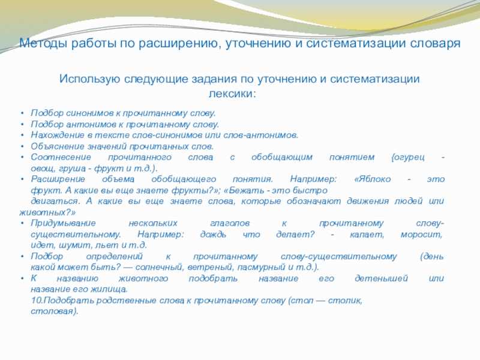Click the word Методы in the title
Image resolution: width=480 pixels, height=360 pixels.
pos(43,43)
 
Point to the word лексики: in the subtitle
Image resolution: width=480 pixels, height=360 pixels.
pos(232,94)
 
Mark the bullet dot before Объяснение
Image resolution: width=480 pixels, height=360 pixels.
pos(22,146)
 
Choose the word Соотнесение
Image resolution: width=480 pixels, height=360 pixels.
pos(61,157)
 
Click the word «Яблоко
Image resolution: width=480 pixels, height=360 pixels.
pos(372,179)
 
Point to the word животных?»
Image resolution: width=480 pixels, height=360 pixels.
pos(47,212)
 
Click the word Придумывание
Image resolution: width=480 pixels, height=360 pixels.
pos(63,223)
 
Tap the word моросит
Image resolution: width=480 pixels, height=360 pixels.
pos(422,235)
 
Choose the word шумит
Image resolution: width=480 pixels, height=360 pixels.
pos(74,245)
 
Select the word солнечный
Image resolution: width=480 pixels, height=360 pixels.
pos(159,267)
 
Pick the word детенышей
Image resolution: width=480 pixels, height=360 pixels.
pos(381,278)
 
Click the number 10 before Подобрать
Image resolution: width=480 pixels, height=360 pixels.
pos(37,301)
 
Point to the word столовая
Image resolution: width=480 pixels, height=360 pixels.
pos(53,311)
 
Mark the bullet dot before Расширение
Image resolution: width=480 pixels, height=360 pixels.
pos(22,179)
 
